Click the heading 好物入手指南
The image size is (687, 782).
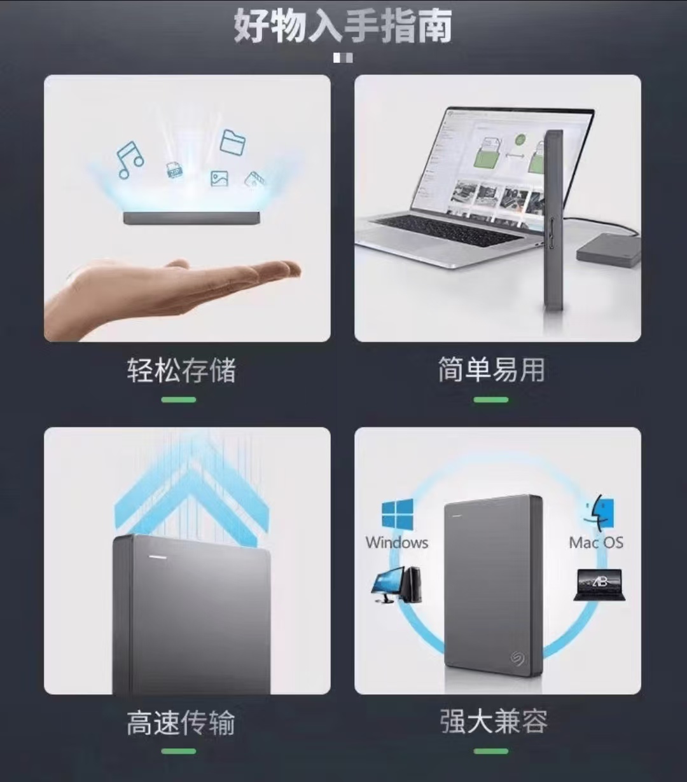(343, 26)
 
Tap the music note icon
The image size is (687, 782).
(130, 160)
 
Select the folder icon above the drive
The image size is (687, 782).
(233, 142)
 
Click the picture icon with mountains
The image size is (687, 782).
(219, 178)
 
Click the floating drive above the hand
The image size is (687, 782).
(191, 217)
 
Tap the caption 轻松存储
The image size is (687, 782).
(181, 370)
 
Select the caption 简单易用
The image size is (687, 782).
(492, 370)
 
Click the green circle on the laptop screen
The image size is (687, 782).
(520, 139)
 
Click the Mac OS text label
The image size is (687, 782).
(596, 542)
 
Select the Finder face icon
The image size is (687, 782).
(599, 512)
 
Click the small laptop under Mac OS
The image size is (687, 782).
(600, 585)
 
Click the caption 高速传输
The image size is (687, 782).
(181, 723)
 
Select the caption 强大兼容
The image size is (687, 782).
(494, 721)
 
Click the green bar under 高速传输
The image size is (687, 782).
(178, 751)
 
